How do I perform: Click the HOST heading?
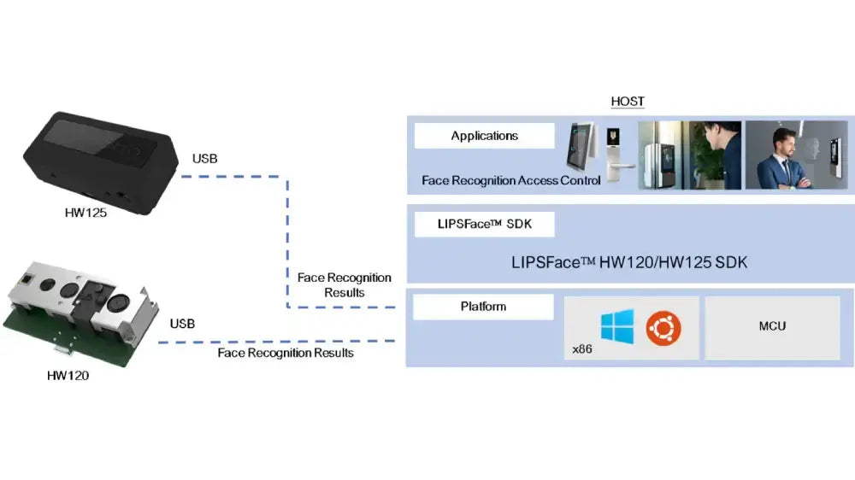[628, 102]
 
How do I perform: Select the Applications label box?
[484, 136]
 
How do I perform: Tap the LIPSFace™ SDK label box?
[484, 225]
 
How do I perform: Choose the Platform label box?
[484, 307]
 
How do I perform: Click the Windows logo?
[616, 327]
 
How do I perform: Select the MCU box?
[772, 327]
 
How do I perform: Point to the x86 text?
[583, 350]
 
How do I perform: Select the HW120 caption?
[65, 373]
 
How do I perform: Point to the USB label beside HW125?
[205, 160]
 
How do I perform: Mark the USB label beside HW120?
[182, 324]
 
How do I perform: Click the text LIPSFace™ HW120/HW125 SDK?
[629, 263]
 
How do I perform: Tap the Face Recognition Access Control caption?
[511, 180]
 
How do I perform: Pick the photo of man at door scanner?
[689, 155]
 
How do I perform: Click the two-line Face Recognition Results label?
[344, 285]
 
